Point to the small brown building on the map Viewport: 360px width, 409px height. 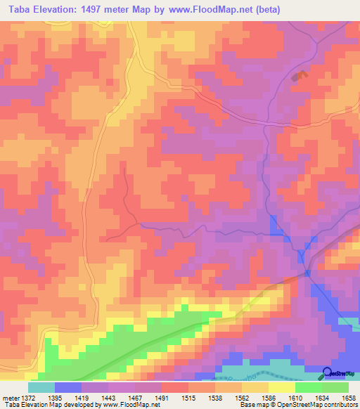click(x=300, y=75)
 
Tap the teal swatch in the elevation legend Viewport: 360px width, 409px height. click(x=41, y=387)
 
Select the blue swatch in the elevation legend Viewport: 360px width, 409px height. click(x=68, y=387)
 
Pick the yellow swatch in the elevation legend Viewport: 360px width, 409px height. click(x=281, y=387)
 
